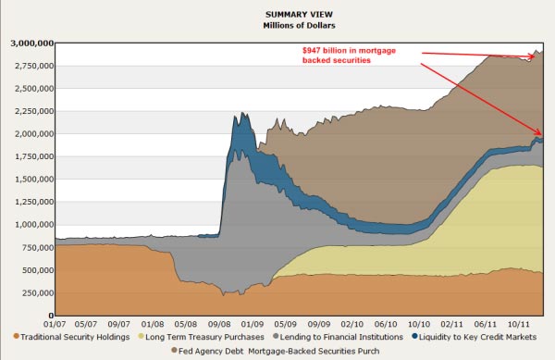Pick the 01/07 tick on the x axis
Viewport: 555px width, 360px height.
coord(55,324)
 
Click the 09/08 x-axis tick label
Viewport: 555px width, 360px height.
coord(218,324)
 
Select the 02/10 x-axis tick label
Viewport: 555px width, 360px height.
coord(351,324)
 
